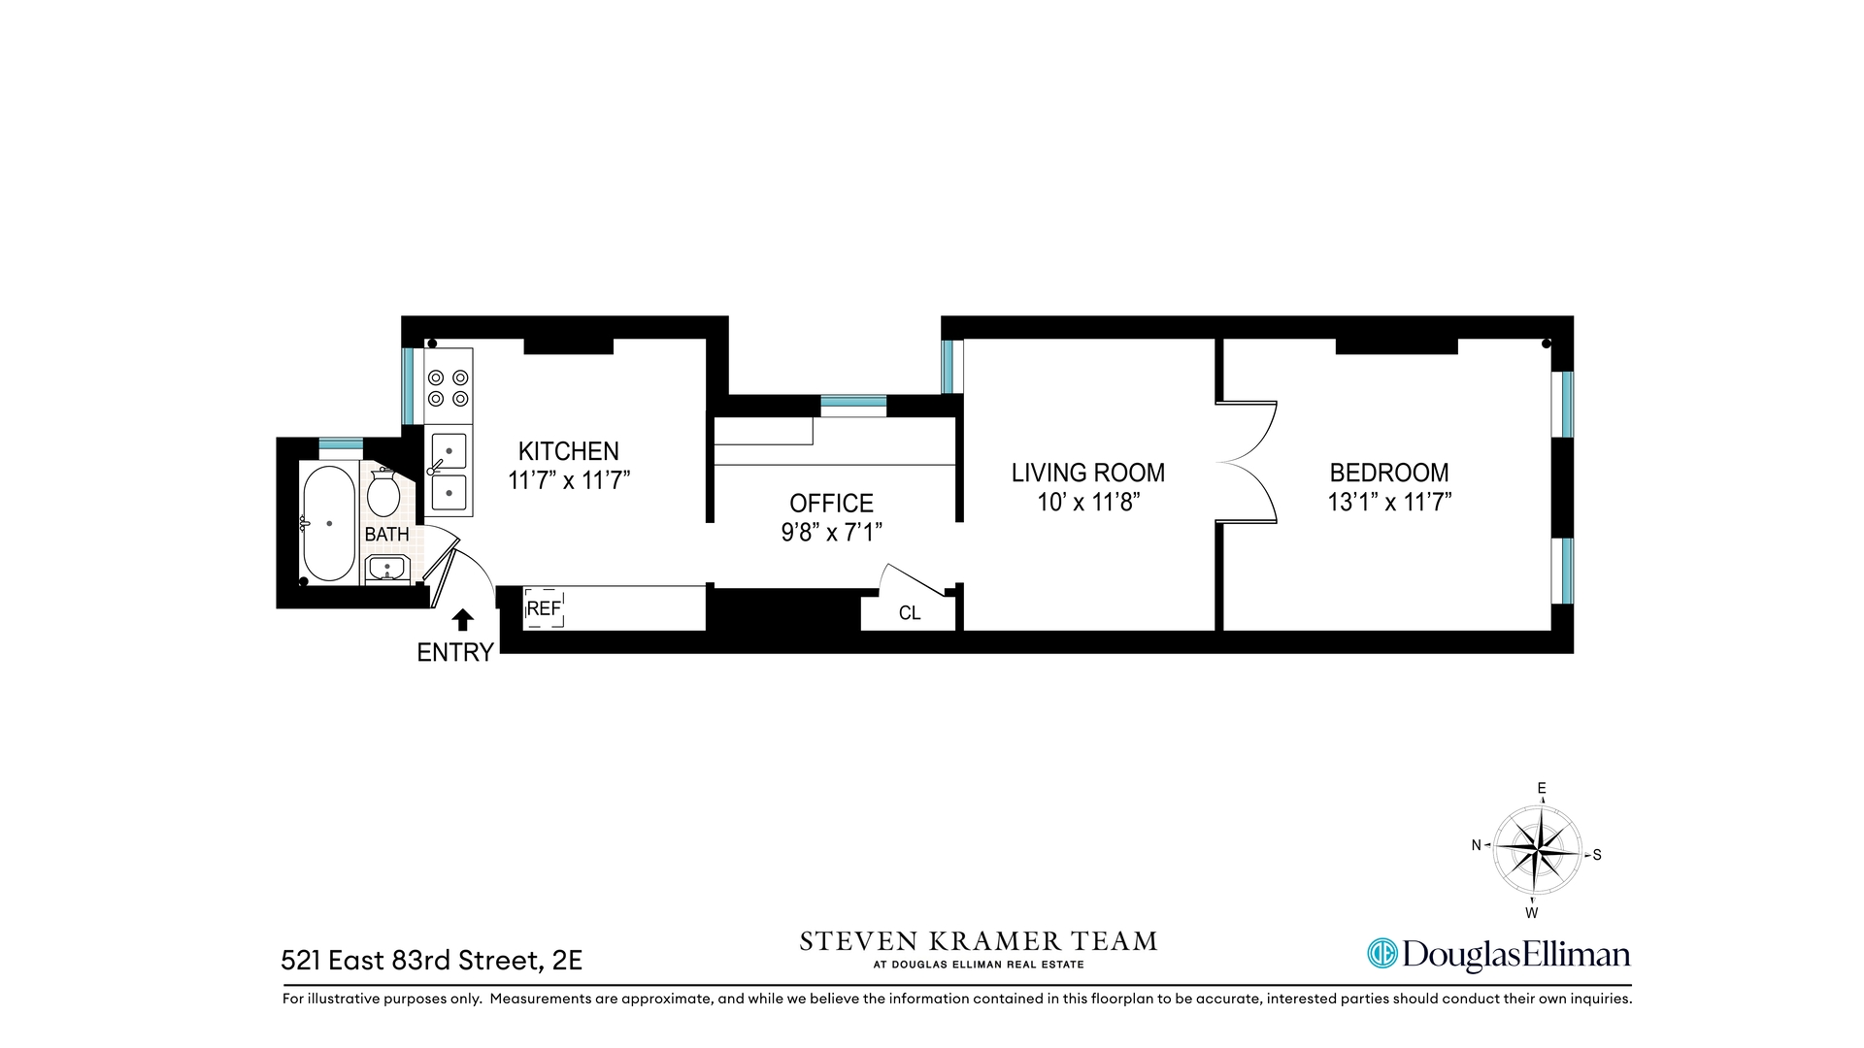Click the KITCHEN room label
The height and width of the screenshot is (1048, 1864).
click(568, 451)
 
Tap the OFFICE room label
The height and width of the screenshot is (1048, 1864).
click(831, 503)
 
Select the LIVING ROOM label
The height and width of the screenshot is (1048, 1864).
click(1087, 473)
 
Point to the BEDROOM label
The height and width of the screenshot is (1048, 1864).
click(1388, 473)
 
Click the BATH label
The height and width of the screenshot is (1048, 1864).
click(386, 535)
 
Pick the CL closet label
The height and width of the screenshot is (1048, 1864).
click(910, 613)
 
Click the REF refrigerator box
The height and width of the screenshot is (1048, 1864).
click(544, 608)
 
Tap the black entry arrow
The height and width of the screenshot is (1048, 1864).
click(463, 620)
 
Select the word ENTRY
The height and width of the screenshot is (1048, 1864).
click(455, 653)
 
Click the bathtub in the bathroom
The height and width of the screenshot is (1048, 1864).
click(329, 524)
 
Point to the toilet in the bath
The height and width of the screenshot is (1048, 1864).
click(384, 494)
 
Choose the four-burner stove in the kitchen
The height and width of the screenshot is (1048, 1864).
click(449, 387)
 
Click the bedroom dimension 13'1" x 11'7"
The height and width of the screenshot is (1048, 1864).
click(1388, 503)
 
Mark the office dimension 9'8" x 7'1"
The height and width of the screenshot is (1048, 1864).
click(831, 533)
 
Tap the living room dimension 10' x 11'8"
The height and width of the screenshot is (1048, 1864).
click(1087, 503)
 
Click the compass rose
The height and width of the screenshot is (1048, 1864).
click(1537, 849)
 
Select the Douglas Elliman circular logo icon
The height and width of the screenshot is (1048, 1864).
click(1381, 954)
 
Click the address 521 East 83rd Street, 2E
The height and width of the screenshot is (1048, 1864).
click(431, 961)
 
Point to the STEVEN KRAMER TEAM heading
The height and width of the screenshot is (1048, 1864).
click(978, 941)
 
